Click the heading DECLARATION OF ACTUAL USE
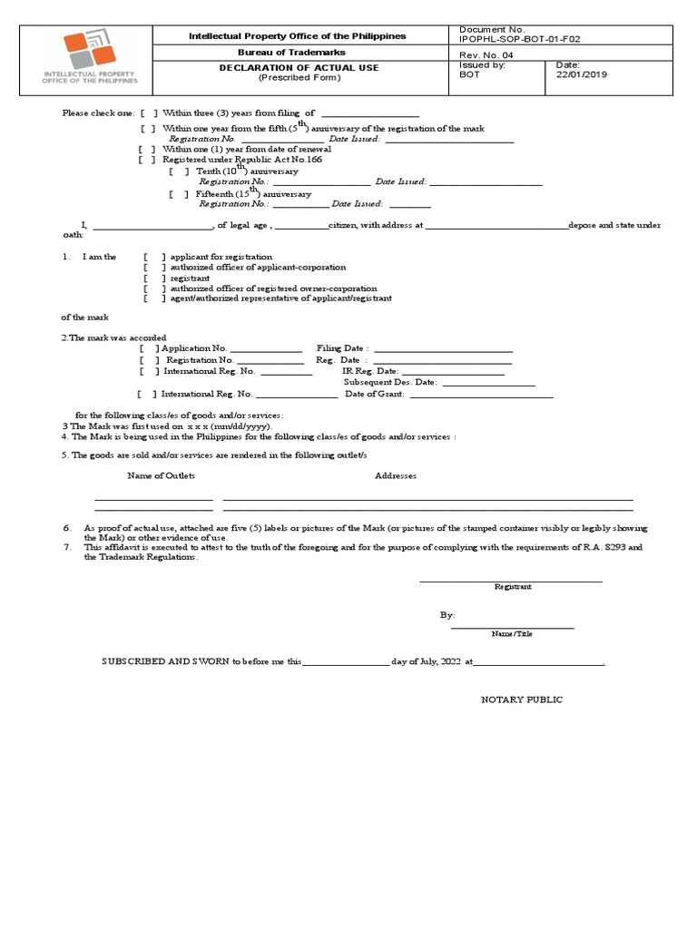coord(299,67)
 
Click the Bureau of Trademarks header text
coord(299,53)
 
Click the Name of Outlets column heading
coord(161,476)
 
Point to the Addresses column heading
coord(396,476)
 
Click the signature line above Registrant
coord(511,580)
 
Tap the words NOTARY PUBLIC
coord(521,700)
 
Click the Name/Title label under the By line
coord(512,633)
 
